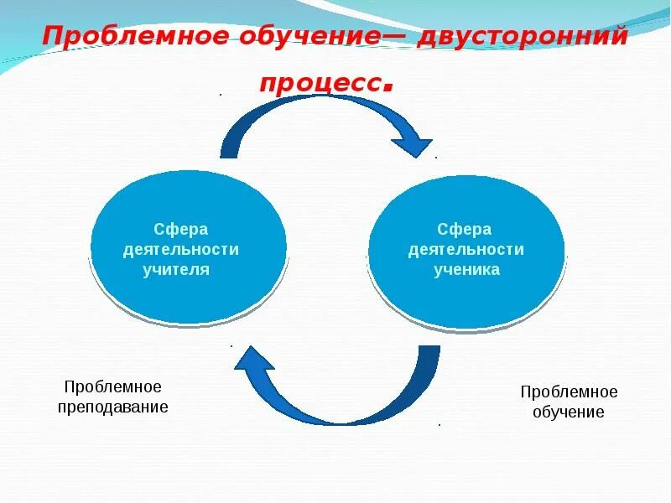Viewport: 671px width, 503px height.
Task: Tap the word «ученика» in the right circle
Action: [466, 269]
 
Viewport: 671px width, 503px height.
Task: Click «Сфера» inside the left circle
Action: [180, 229]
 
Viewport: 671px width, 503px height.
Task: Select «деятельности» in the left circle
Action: [180, 249]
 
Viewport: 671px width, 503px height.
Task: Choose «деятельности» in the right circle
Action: [466, 249]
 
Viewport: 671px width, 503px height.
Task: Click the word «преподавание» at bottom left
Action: [113, 407]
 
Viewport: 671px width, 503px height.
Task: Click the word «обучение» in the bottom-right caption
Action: [569, 412]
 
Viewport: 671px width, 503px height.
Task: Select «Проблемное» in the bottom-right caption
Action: [569, 392]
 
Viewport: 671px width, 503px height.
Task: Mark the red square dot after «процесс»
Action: [388, 87]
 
